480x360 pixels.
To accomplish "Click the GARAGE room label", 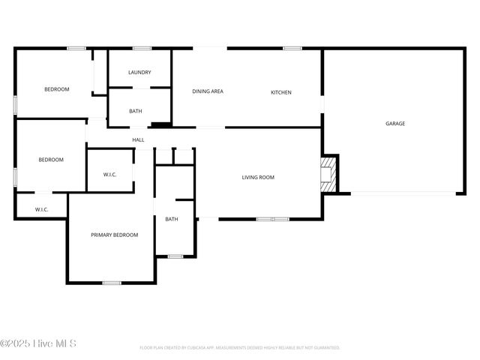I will pos(395,124).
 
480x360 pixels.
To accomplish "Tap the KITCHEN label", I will pos(281,92).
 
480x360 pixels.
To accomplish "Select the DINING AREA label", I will pos(208,91).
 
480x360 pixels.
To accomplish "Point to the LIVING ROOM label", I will pos(258,178).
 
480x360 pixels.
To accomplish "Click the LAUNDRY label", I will pos(139,73).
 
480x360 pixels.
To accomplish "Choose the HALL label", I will pos(139,140).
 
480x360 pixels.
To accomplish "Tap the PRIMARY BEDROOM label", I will pos(115,235).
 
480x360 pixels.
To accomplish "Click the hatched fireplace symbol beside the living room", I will pos(328,173).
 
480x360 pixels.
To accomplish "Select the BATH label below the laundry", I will pos(136,112).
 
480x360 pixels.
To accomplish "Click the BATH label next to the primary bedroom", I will pos(172,219).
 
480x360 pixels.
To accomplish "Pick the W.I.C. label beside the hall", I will pos(110,175).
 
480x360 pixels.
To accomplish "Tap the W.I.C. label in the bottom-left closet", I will pos(41,209).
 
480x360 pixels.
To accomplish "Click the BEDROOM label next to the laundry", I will pos(57,89).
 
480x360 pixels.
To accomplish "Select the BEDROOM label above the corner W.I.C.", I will pos(51,160).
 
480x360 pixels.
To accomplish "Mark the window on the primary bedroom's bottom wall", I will pos(112,283).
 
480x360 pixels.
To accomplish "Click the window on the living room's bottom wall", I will pos(272,219).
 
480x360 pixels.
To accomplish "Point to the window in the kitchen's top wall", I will pos(292,49).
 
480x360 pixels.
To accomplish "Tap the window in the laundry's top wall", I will pos(142,49).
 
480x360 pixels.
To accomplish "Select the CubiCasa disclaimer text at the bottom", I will pos(240,348).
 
